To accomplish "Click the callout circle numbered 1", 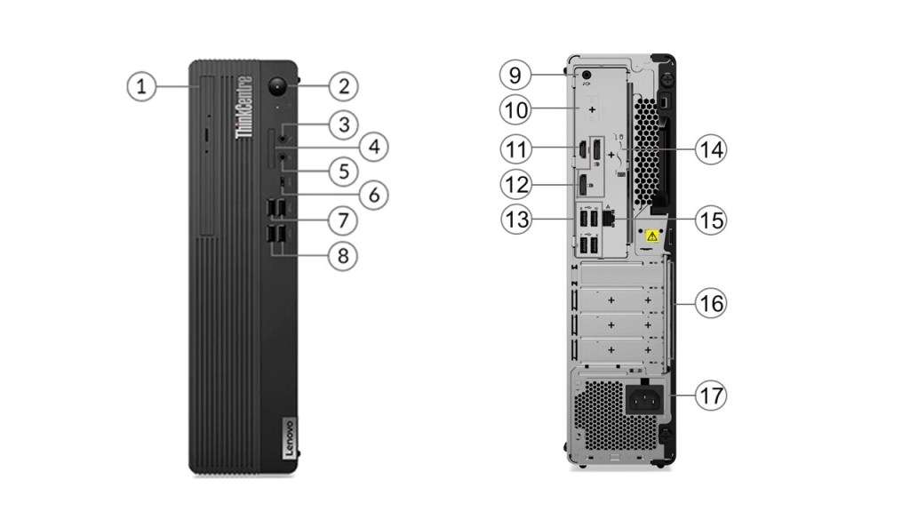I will [x=140, y=86].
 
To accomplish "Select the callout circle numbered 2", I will [x=342, y=86].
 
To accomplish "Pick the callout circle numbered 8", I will [x=342, y=256].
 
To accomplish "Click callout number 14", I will [x=710, y=149].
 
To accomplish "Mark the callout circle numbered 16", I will [x=710, y=303].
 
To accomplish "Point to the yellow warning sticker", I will [x=651, y=237].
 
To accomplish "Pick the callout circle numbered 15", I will [x=710, y=220].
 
